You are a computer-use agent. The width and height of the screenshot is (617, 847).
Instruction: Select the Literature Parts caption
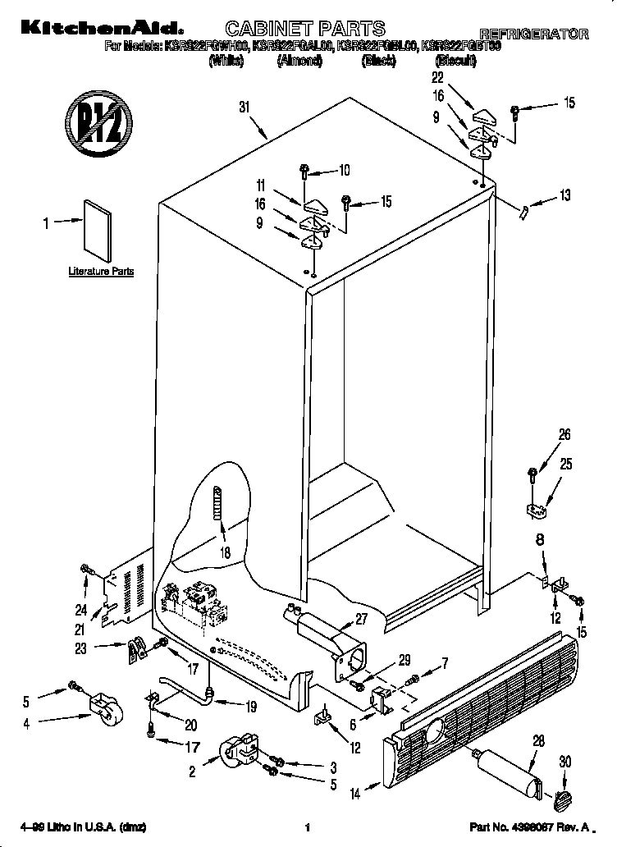pyautogui.click(x=100, y=271)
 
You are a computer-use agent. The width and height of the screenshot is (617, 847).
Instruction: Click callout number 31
pyautogui.click(x=244, y=106)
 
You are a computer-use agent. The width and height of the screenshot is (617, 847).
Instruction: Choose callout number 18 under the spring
pyautogui.click(x=225, y=553)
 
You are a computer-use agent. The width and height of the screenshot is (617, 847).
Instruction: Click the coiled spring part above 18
pyautogui.click(x=217, y=501)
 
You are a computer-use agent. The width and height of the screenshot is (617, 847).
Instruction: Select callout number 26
pyautogui.click(x=564, y=435)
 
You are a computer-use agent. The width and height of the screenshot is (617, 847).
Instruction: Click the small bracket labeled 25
pyautogui.click(x=536, y=510)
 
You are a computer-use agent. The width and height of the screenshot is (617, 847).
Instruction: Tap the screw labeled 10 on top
pyautogui.click(x=304, y=171)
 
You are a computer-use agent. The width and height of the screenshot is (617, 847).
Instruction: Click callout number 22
pyautogui.click(x=437, y=77)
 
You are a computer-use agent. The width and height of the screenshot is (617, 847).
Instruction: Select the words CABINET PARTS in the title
pyautogui.click(x=304, y=30)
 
